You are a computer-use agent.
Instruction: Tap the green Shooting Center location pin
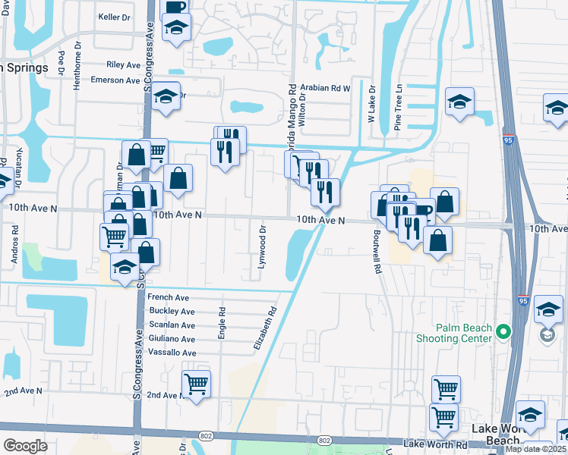[x=503, y=332]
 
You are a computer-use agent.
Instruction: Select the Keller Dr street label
[x=115, y=16]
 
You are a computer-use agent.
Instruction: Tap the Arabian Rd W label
[x=325, y=88]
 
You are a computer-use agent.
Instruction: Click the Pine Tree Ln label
[x=398, y=113]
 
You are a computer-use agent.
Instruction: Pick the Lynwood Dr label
[x=262, y=249]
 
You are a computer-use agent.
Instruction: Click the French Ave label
[x=169, y=298]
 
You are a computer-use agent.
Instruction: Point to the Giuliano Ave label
[x=172, y=339]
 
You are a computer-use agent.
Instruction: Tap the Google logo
[x=25, y=445]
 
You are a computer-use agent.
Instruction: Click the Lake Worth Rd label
[x=435, y=444]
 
